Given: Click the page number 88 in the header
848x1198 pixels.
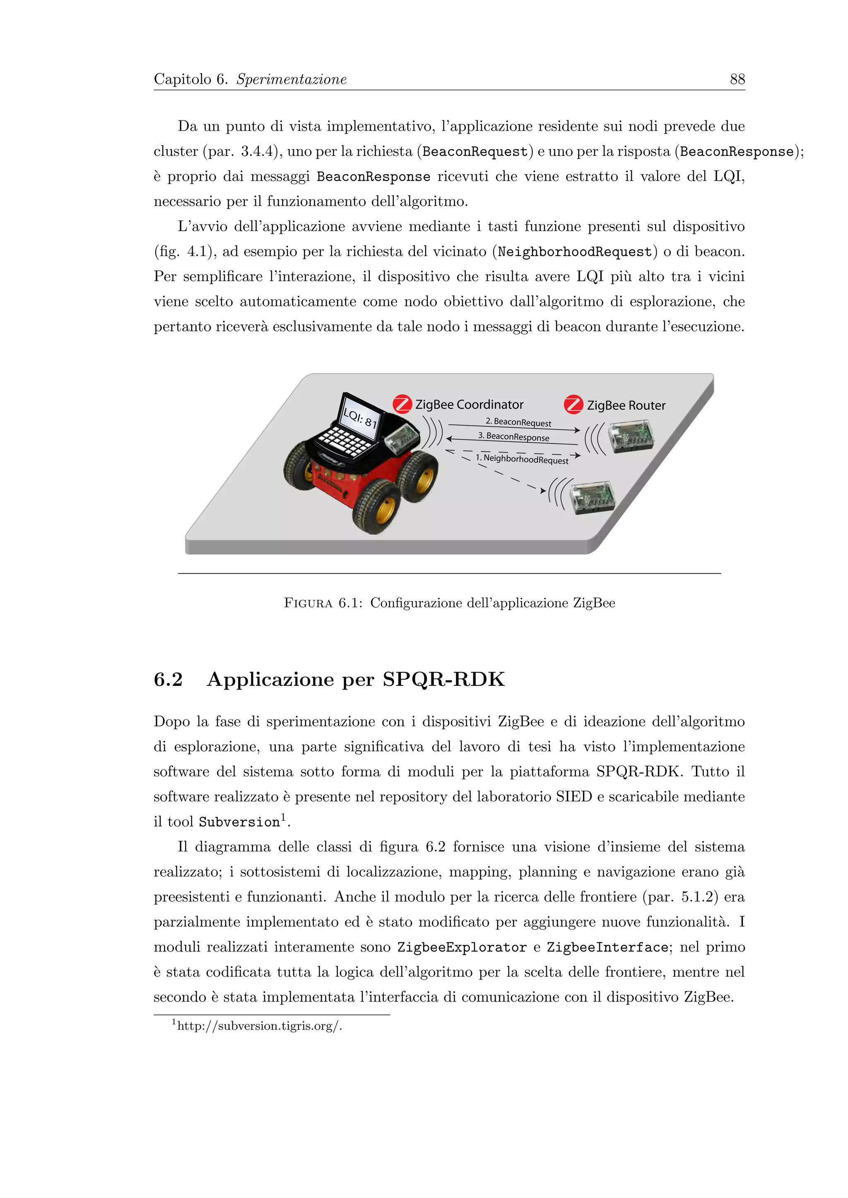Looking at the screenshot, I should coord(737,79).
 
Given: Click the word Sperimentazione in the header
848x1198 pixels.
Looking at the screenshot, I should coord(291,79).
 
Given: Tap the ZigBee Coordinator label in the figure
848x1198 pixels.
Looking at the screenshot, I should coord(469,405).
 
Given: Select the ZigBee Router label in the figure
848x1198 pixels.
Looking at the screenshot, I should coord(626,405).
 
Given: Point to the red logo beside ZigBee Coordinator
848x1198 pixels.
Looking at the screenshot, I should coord(402,405).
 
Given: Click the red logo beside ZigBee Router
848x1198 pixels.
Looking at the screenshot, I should coord(573,405).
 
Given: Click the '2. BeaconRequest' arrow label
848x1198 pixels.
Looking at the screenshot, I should coord(518,422).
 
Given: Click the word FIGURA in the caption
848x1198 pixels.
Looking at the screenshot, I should coord(308,603).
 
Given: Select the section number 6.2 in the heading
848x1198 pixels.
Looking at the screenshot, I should coord(168,679).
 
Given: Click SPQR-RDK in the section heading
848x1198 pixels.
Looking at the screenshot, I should coord(443,679).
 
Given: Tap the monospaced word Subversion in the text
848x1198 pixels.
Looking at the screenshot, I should coord(239,822).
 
